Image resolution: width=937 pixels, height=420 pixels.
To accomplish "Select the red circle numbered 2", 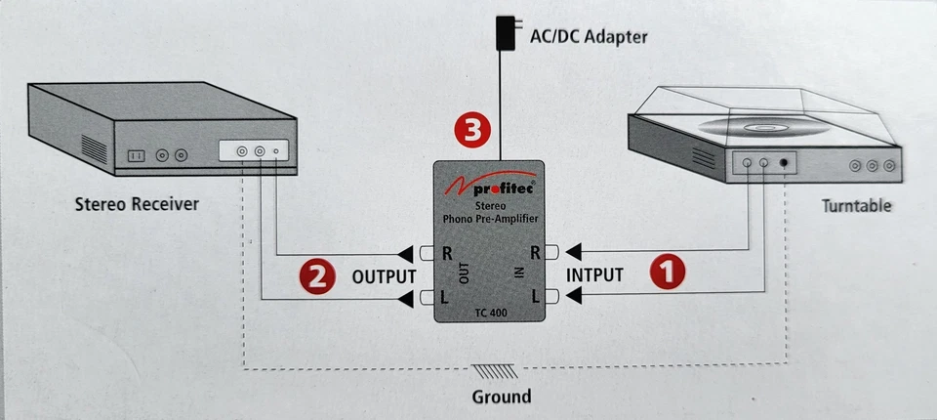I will tap(315, 274).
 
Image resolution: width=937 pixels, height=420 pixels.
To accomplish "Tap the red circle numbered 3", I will tap(472, 131).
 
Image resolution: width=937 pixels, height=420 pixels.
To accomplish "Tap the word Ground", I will tap(501, 396).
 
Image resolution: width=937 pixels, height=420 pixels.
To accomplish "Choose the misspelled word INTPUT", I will tap(594, 274).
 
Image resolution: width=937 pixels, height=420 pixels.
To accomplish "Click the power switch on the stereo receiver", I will tap(138, 155).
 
